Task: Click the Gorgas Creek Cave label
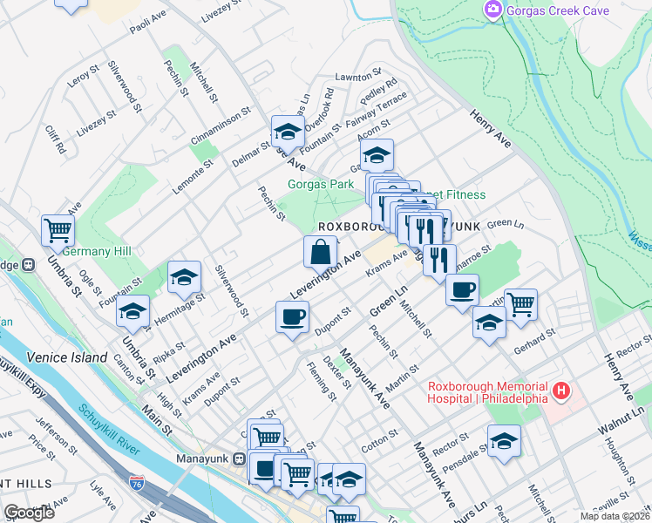pyautogui.click(x=554, y=10)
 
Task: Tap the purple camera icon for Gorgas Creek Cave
pyautogui.click(x=492, y=10)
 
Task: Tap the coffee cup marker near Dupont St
pyautogui.click(x=292, y=316)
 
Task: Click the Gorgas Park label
pyautogui.click(x=321, y=184)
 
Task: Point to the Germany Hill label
pyautogui.click(x=98, y=252)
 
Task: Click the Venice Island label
pyautogui.click(x=67, y=357)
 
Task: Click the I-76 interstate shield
pyautogui.click(x=136, y=480)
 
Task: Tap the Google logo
pyautogui.click(x=29, y=513)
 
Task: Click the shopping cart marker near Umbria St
pyautogui.click(x=58, y=231)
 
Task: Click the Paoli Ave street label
pyautogui.click(x=147, y=17)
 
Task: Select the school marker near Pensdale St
pyautogui.click(x=504, y=441)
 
